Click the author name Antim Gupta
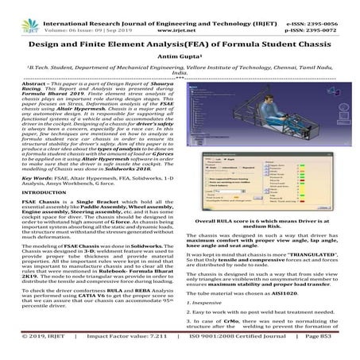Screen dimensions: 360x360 (180, 57)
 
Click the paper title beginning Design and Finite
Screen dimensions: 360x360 (180, 42)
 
